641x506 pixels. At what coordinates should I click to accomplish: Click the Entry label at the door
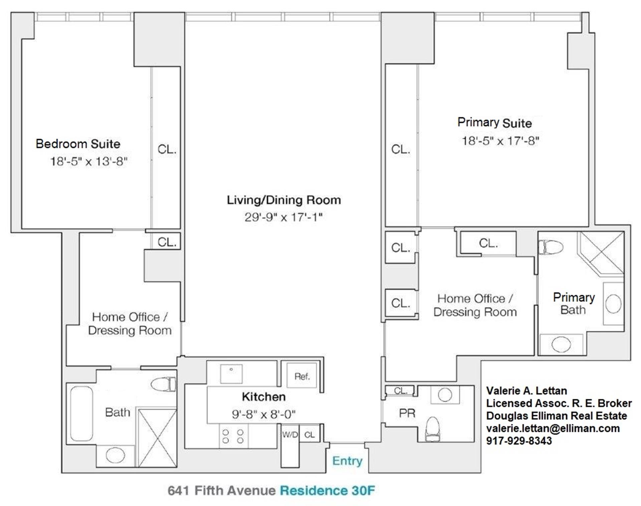point(347,461)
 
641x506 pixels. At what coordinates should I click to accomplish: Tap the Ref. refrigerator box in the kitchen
point(302,376)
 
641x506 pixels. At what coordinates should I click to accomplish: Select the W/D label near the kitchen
point(289,434)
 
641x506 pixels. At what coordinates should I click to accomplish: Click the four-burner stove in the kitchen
point(233,436)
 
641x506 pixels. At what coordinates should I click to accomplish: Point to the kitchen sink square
point(231,374)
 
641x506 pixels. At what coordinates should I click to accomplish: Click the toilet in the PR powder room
point(433,429)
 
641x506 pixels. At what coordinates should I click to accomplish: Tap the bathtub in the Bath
point(81,414)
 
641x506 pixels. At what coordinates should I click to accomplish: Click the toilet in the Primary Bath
point(551,247)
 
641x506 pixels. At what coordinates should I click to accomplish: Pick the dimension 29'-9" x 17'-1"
point(283,217)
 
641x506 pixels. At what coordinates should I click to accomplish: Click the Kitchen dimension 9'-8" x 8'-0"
point(263,415)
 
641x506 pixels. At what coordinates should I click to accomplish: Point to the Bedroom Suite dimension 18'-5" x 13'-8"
point(89,162)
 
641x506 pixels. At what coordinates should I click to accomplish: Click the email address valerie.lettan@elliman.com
point(553,428)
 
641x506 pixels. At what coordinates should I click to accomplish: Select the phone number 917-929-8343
point(519,441)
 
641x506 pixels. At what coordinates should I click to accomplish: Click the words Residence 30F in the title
point(327,491)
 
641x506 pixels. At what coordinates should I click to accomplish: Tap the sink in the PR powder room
point(445,395)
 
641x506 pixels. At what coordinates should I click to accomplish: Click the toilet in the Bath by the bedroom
point(163,384)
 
